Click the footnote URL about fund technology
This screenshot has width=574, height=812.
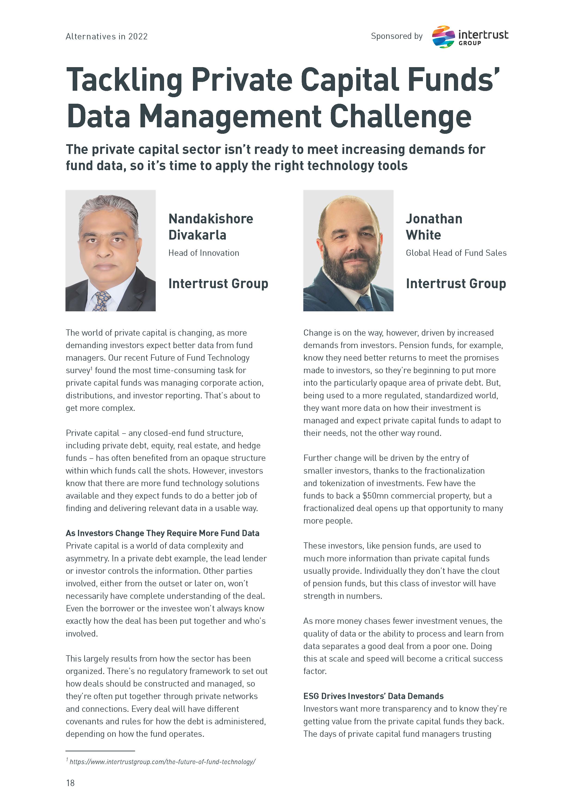pos(162,762)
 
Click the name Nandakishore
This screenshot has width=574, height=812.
pos(211,219)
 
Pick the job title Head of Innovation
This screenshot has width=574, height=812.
pos(204,253)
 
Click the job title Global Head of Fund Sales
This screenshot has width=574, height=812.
pos(456,253)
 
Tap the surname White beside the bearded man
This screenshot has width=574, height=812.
pos(423,235)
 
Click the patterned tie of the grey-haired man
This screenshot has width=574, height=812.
pos(101,301)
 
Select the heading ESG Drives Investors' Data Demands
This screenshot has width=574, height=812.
pos(373,696)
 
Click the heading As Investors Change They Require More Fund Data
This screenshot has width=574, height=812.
pos(162,533)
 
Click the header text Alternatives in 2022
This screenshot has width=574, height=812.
pos(106,36)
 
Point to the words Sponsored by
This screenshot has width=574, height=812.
pos(397,36)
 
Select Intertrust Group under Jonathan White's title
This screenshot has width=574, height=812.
pos(456,284)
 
